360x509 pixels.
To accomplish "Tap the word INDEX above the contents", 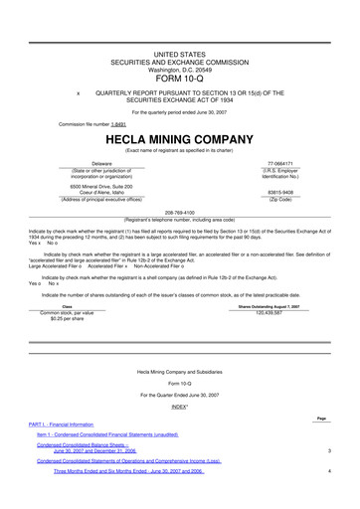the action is (x=179, y=407).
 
